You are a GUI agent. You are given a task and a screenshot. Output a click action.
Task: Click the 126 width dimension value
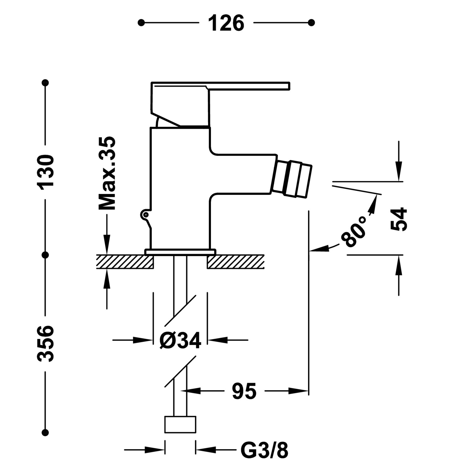tap(226, 23)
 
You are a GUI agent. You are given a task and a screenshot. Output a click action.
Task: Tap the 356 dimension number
tap(46, 344)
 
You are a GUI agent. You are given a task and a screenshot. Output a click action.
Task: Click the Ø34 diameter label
tap(180, 340)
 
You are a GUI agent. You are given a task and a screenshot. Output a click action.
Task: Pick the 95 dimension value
tap(244, 391)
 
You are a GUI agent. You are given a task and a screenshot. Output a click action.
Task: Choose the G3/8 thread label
tap(264, 451)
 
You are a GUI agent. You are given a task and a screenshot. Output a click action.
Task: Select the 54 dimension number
tap(399, 219)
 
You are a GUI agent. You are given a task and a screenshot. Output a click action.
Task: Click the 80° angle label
tap(354, 231)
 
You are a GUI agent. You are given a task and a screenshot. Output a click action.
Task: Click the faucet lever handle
tap(219, 86)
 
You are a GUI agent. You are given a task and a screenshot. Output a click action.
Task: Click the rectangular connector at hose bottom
tap(180, 425)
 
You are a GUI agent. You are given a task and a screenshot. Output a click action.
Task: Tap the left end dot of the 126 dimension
tap(141, 23)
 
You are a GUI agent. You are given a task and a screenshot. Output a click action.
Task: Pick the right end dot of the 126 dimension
tap(311, 23)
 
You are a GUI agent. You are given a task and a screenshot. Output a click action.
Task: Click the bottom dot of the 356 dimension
tap(46, 433)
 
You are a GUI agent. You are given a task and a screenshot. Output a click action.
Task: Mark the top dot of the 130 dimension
tap(46, 83)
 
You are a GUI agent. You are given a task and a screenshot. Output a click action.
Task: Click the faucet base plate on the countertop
tap(180, 252)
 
